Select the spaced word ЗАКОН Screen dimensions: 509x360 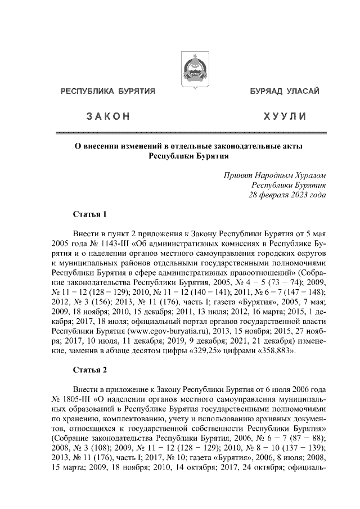pyautogui.click(x=108, y=116)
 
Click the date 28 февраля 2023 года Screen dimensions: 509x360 pyautogui.click(x=287, y=195)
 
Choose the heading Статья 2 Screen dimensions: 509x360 pyautogui.click(x=89, y=370)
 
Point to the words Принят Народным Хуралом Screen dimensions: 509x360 pyautogui.click(x=274, y=174)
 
